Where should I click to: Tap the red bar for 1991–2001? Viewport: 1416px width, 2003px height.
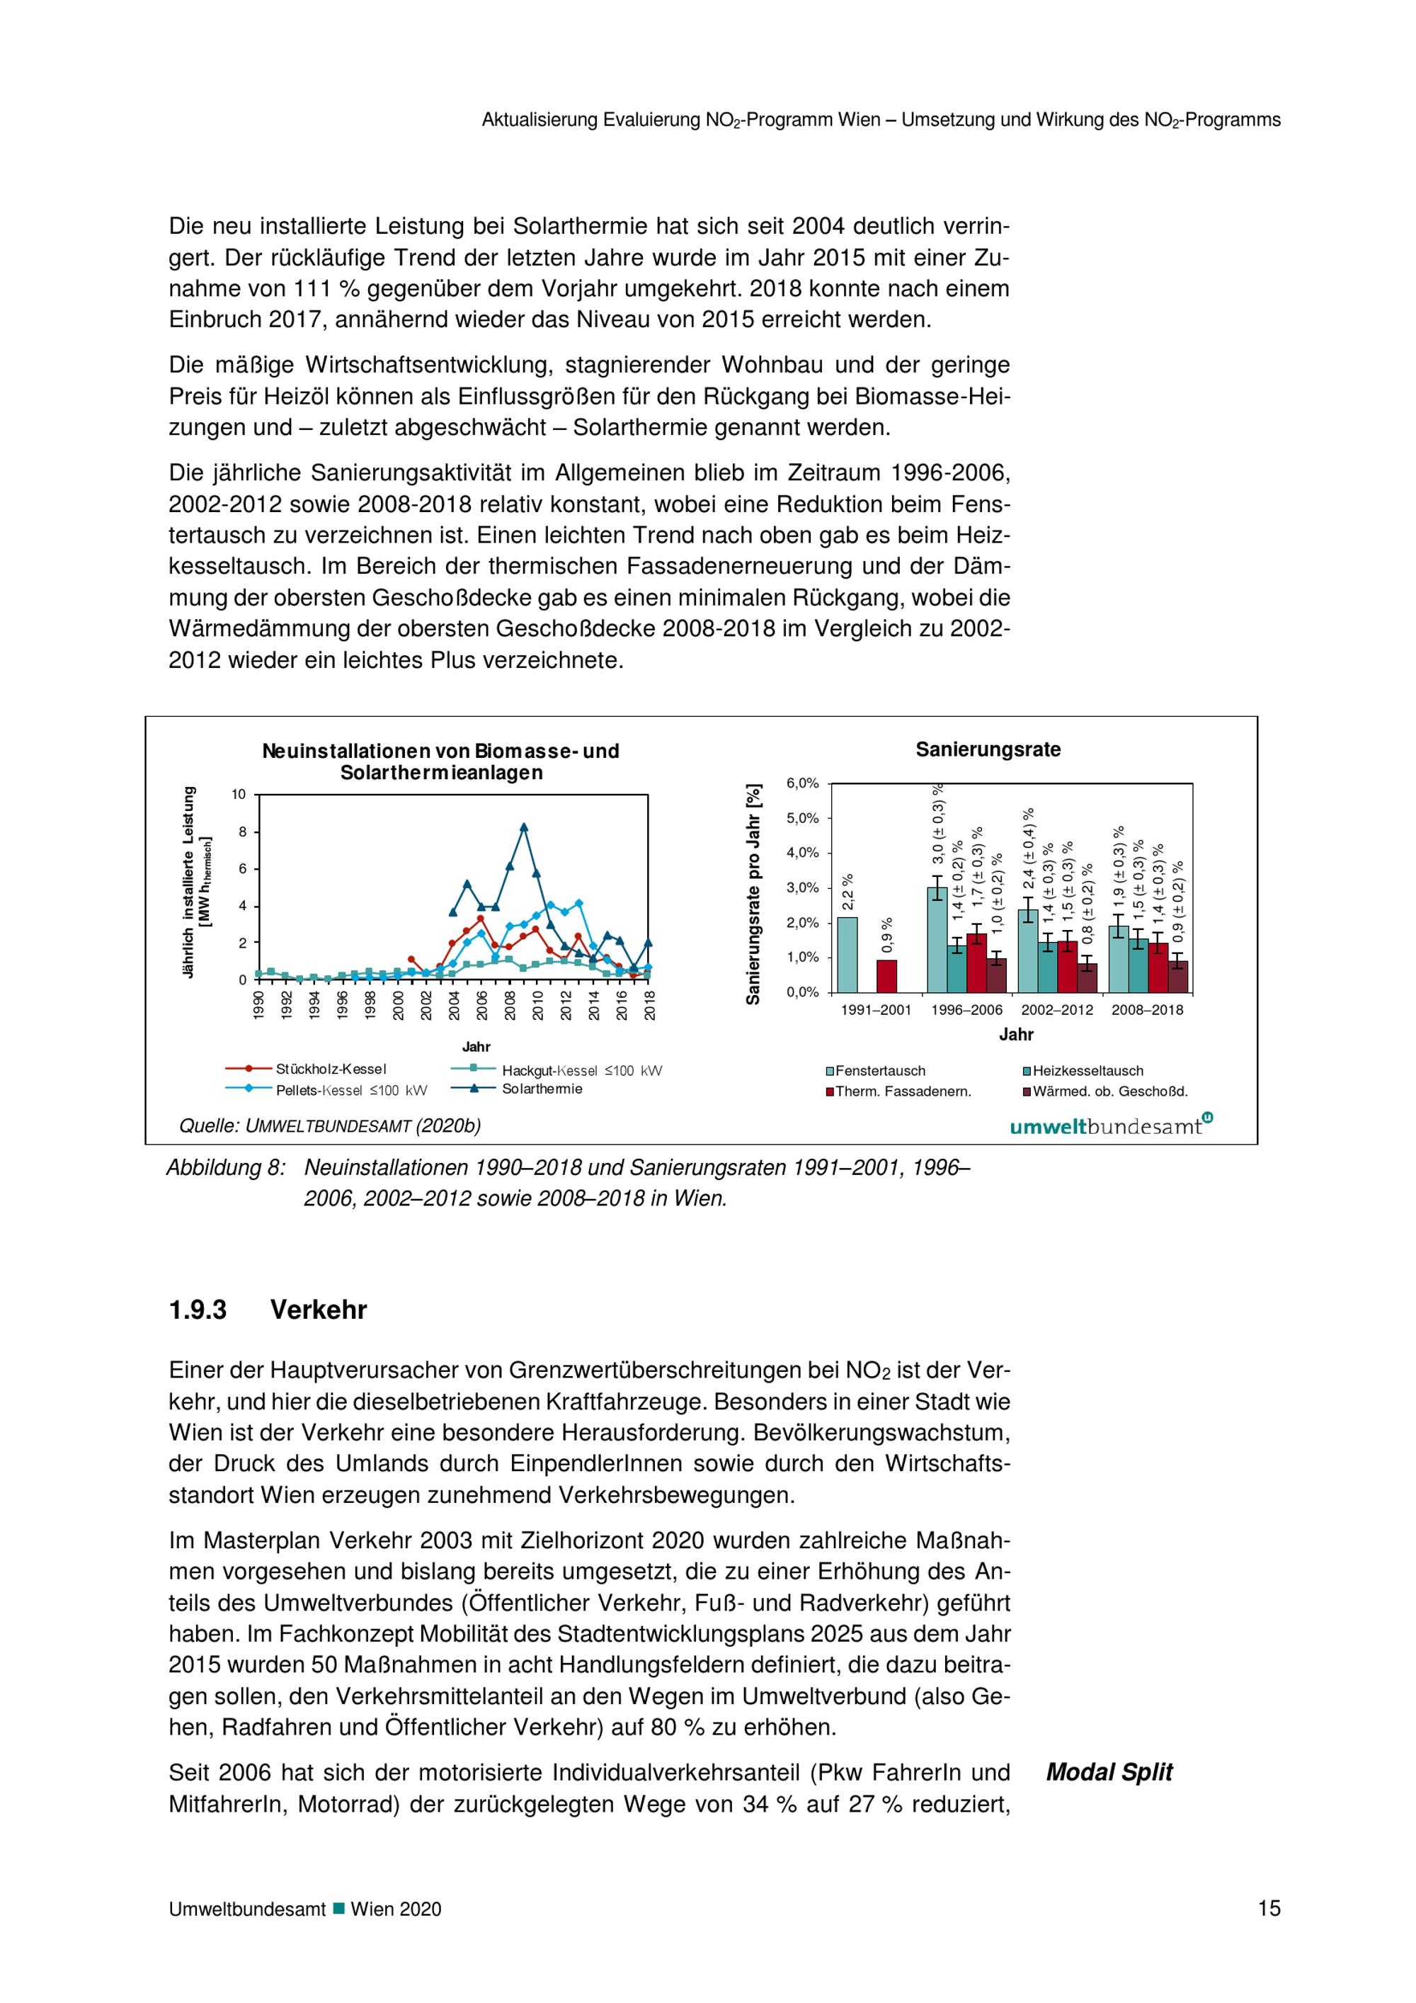pos(886,976)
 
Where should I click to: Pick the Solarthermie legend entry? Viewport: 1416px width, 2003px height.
pos(542,1089)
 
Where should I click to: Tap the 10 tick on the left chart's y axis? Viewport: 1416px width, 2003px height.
pos(239,794)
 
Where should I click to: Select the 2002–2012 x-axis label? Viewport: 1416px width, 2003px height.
pos(1057,1010)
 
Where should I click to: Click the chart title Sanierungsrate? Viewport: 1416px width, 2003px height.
pos(988,749)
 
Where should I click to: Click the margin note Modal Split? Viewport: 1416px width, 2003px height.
pos(1109,1772)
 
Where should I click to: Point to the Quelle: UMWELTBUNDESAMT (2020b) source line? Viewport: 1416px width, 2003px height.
pos(330,1126)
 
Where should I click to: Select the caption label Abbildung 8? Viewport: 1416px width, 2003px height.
pos(226,1167)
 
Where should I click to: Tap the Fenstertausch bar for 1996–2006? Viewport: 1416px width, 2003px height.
pos(937,940)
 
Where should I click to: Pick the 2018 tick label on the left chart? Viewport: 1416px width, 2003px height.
pos(649,1005)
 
